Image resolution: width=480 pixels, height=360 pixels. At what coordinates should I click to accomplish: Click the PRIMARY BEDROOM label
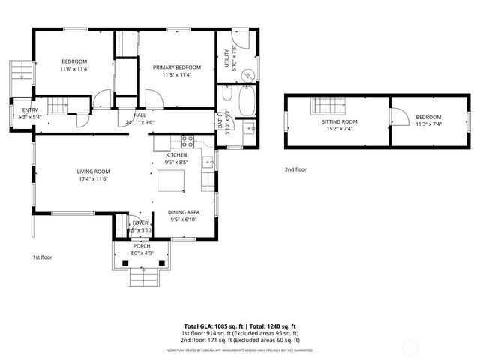point(176,67)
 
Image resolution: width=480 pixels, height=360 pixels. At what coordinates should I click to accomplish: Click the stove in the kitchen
point(187,139)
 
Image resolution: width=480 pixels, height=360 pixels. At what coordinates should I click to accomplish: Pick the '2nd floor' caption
point(295,169)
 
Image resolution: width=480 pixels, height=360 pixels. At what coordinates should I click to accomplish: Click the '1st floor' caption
point(43,256)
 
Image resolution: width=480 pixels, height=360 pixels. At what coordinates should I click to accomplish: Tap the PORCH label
point(142,246)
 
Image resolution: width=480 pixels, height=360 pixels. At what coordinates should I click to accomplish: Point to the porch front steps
point(142,280)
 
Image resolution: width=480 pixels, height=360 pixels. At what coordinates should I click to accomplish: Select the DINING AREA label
point(184,212)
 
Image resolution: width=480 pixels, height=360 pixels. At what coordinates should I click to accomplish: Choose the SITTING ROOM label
point(340,121)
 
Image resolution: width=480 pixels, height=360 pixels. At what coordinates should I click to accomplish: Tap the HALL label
point(140,115)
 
